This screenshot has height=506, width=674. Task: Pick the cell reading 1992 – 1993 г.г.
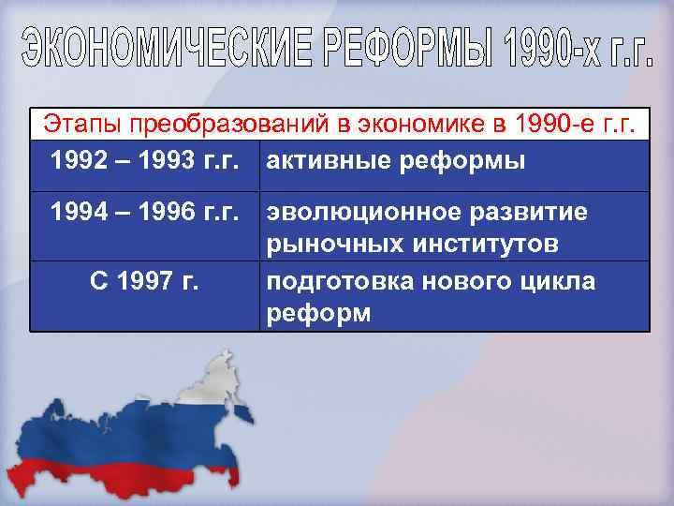click(144, 160)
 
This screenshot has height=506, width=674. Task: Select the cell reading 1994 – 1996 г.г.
click(144, 213)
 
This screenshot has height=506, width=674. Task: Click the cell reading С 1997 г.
click(144, 279)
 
